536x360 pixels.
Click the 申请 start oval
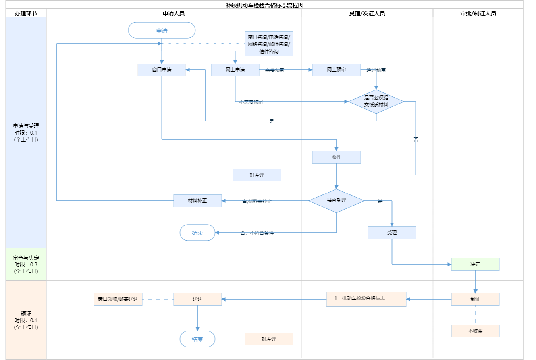[x=162, y=30]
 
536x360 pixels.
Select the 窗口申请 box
[x=162, y=70]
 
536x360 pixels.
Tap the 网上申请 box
[x=235, y=70]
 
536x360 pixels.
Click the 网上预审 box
[x=336, y=70]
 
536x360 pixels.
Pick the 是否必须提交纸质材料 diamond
[x=376, y=101]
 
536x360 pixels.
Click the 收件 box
[x=336, y=157]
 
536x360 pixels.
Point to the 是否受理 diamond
[x=336, y=200]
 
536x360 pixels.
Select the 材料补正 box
[x=197, y=201]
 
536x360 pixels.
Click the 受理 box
[x=392, y=233]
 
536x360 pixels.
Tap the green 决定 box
[x=475, y=264]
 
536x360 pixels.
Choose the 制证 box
[x=475, y=299]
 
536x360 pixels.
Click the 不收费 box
[x=475, y=331]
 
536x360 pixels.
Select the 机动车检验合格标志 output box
[x=366, y=299]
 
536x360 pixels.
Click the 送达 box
[x=197, y=299]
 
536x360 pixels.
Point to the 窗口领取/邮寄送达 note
[x=118, y=299]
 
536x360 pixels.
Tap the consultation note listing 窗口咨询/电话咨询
[x=269, y=44]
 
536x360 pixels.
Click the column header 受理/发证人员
[x=367, y=13]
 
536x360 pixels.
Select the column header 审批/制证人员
[x=478, y=13]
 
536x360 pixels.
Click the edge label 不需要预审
[x=251, y=102]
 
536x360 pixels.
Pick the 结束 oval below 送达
[x=197, y=339]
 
